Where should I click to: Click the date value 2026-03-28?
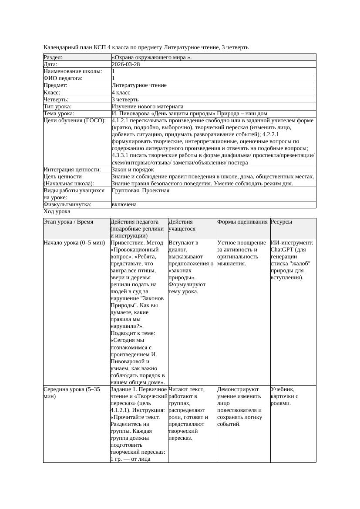click(126, 64)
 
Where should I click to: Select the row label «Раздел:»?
click(53, 57)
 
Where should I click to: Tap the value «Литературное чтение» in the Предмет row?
click(139, 86)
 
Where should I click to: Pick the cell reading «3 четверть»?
click(125, 100)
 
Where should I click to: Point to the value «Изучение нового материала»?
click(147, 107)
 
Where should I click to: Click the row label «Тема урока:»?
click(59, 114)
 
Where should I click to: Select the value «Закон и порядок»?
click(133, 170)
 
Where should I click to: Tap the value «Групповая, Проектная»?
click(140, 191)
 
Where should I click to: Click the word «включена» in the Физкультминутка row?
click(124, 204)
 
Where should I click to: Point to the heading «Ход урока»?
click(57, 211)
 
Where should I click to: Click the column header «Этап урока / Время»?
click(68, 222)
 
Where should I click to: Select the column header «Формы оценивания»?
click(242, 222)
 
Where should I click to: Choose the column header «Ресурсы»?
click(281, 222)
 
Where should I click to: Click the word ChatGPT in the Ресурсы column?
click(283, 250)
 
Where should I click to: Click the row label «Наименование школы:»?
click(73, 71)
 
